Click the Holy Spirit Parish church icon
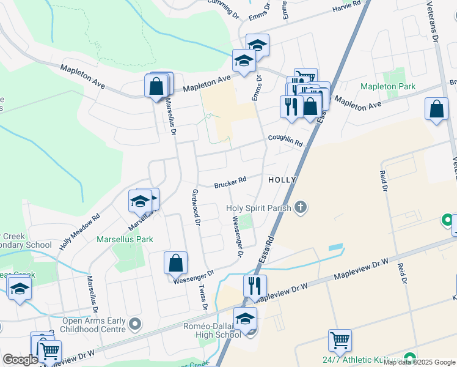299,208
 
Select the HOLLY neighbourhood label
282,180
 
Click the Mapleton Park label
388,87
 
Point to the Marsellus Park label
125,239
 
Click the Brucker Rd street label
230,182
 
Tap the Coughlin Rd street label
285,140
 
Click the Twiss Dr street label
203,298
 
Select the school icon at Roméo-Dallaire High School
245,319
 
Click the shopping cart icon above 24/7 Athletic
339,339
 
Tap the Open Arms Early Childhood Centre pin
135,322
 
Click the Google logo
20,360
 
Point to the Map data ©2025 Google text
419,362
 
